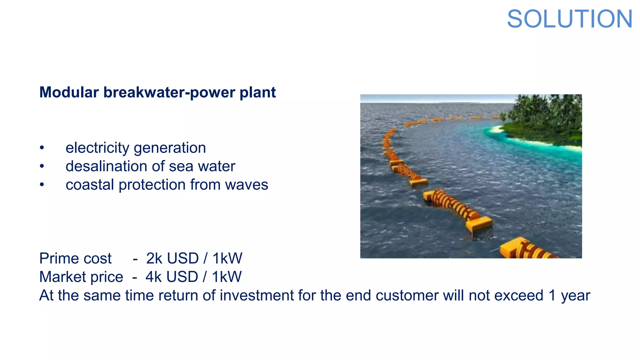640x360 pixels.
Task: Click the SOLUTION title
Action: [x=570, y=19]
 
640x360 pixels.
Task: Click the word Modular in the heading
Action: [x=69, y=92]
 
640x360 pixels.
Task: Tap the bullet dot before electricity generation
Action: [x=42, y=148]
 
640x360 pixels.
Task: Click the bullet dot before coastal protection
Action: [x=42, y=185]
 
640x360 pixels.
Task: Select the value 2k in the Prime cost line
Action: [x=154, y=258]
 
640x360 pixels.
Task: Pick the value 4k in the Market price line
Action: [x=153, y=277]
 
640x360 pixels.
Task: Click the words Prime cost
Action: [x=75, y=258]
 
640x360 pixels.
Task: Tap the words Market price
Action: [x=81, y=277]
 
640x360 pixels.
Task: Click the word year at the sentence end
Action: [x=575, y=296]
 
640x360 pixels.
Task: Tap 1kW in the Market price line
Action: [x=227, y=277]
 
